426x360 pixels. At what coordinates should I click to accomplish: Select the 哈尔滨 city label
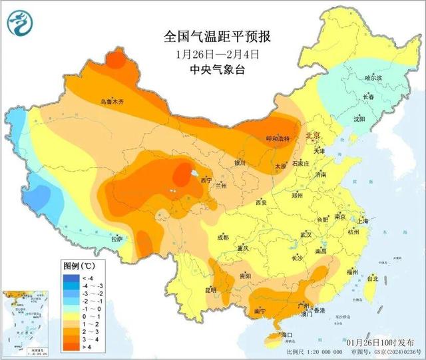374,78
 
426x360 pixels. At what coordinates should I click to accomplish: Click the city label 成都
222,237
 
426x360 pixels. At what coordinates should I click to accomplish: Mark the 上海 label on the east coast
363,220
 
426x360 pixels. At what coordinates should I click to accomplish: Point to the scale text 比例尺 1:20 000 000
312,352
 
